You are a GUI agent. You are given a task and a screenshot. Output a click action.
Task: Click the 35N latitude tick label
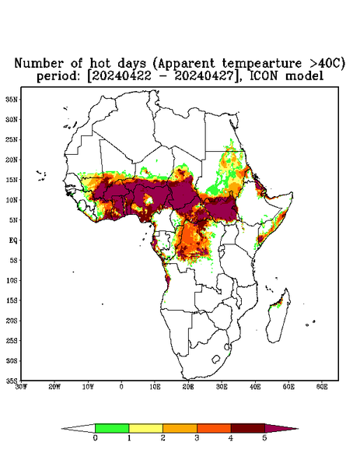pyautogui.click(x=12, y=99)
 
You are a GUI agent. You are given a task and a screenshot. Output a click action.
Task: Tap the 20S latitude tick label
pyautogui.click(x=12, y=321)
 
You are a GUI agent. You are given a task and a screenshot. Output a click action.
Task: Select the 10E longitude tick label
pyautogui.click(x=155, y=387)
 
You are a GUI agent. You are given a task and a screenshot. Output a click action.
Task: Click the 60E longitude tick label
pyautogui.click(x=322, y=387)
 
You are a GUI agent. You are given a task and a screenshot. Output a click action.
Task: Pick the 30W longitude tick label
pyautogui.click(x=21, y=387)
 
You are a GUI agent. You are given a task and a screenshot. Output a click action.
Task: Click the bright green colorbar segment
pyautogui.click(x=112, y=428)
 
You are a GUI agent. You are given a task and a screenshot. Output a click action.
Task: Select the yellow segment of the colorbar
pyautogui.click(x=145, y=428)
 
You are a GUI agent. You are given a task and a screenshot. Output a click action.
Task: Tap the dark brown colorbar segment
pyautogui.click(x=248, y=428)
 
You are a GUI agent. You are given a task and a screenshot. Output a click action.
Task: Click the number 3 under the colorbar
pyautogui.click(x=197, y=438)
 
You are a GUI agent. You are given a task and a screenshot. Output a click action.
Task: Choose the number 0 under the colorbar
pyautogui.click(x=95, y=438)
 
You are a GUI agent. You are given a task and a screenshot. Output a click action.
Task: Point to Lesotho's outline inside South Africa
pyautogui.click(x=216, y=359)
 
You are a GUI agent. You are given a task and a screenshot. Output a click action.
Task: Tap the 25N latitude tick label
pyautogui.click(x=12, y=139)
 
